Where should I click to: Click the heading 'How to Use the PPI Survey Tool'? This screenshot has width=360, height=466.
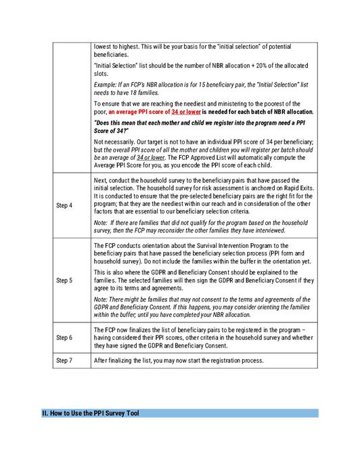91,412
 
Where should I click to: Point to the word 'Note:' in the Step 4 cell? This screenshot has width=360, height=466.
102,222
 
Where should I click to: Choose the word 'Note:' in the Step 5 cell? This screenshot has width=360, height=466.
102,299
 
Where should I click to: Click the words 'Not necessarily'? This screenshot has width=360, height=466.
116,141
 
